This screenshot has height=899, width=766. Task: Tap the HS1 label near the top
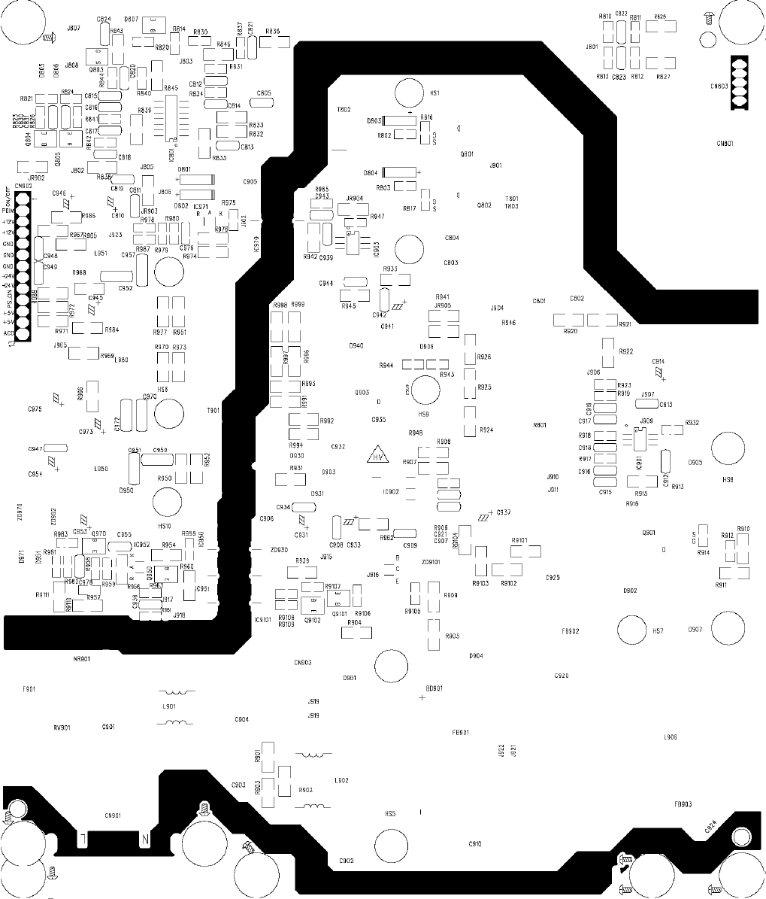click(434, 93)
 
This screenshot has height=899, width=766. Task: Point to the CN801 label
click(725, 143)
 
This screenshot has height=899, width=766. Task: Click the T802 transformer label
click(344, 110)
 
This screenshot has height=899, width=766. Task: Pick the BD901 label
click(434, 688)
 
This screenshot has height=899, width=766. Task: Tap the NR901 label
click(81, 659)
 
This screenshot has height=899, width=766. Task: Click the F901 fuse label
click(29, 688)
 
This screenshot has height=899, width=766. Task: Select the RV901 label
click(62, 727)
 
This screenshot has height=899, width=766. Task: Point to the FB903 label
click(683, 804)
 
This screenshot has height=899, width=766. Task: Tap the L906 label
click(671, 737)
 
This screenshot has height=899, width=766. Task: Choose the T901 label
click(213, 411)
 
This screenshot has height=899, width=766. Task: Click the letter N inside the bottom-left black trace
click(145, 837)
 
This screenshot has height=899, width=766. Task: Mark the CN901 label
click(113, 815)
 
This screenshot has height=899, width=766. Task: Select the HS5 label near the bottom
click(390, 813)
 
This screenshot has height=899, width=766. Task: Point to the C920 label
click(561, 676)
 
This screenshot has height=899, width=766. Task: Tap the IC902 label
click(391, 492)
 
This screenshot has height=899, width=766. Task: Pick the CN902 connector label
click(23, 186)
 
